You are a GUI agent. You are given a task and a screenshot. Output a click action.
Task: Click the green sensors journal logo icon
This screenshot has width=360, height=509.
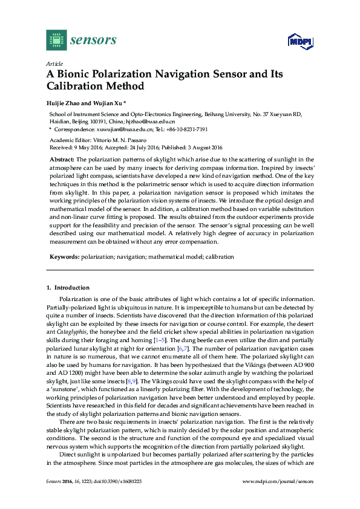click(x=56, y=40)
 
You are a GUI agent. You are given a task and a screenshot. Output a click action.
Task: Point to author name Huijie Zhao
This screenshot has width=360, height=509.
click(x=64, y=103)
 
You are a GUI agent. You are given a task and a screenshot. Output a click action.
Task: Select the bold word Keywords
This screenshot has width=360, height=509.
click(x=64, y=257)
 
